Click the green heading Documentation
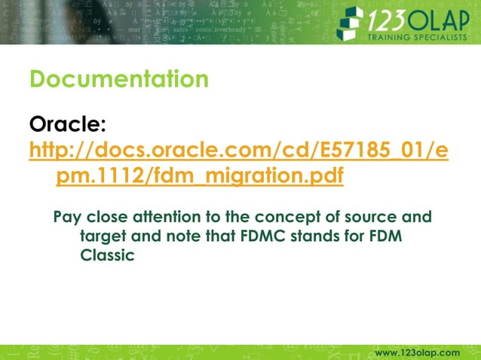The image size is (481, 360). (118, 78)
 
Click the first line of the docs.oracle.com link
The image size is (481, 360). (238, 151)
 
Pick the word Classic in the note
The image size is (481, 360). (107, 255)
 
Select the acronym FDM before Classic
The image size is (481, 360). (384, 236)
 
